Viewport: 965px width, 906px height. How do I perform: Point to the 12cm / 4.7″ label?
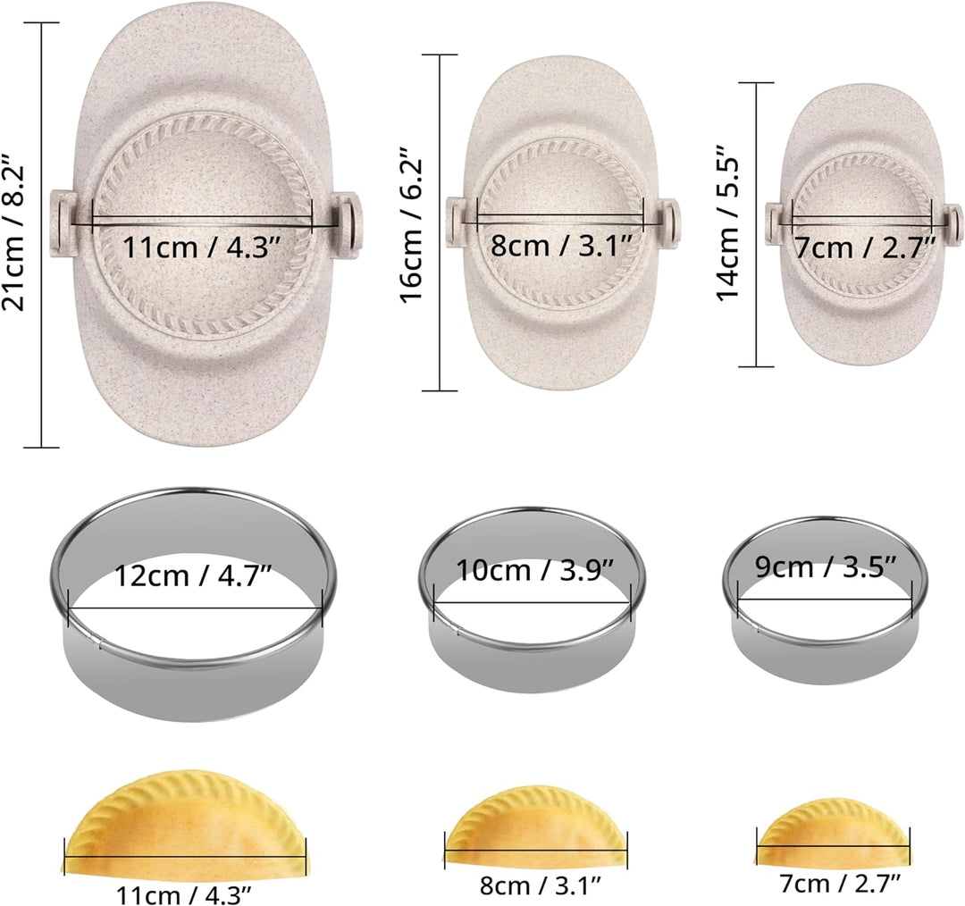point(194,576)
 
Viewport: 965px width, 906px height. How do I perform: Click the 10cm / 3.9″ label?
point(533,570)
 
